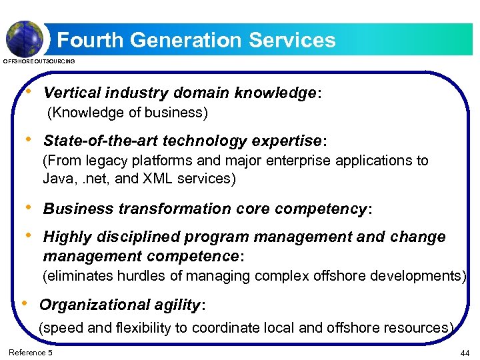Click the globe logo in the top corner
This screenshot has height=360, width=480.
pyautogui.click(x=25, y=38)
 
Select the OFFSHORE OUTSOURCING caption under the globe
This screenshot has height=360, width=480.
pyautogui.click(x=39, y=61)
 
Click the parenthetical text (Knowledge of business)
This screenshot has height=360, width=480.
pyautogui.click(x=127, y=113)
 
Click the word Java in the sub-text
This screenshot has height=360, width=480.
pyautogui.click(x=55, y=179)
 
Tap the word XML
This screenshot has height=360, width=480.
pyautogui.click(x=166, y=179)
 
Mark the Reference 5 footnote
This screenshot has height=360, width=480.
pyautogui.click(x=30, y=352)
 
